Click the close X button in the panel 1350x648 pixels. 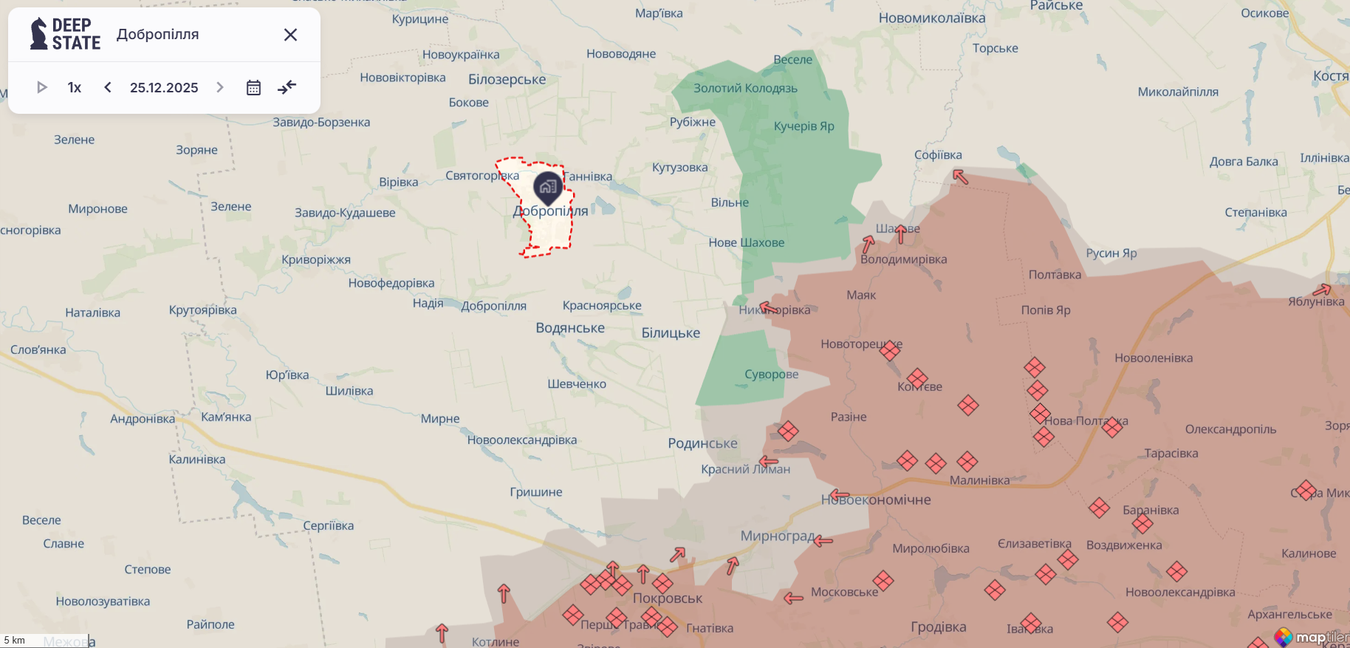point(290,35)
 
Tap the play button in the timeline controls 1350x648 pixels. point(42,87)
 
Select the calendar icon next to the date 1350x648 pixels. point(253,87)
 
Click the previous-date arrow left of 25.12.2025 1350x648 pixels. point(108,87)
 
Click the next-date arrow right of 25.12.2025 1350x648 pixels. point(219,87)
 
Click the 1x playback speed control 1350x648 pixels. point(75,87)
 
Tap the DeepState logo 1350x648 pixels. point(65,34)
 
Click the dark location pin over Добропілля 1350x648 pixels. point(548,187)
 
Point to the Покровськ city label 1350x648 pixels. point(668,598)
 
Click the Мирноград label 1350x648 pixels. point(778,536)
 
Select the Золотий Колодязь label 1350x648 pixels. point(745,88)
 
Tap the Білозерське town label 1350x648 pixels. point(507,79)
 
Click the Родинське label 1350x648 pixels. point(702,443)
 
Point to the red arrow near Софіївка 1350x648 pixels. point(960,176)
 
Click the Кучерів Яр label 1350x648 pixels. point(804,126)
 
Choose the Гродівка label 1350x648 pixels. point(938,627)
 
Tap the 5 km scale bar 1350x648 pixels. point(15,640)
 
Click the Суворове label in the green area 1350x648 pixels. point(771,374)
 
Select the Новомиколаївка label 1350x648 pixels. point(932,18)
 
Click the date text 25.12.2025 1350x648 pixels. point(164,87)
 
